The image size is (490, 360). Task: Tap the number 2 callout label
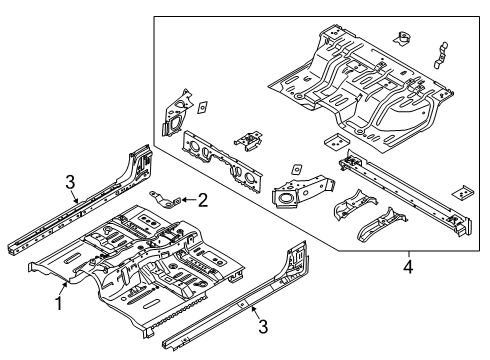(x=202, y=201)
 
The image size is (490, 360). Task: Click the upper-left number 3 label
(x=68, y=180)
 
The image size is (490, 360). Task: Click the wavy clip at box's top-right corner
(x=442, y=57)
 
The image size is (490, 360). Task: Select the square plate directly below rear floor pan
(x=332, y=142)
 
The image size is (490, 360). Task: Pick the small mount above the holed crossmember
(x=250, y=137)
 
